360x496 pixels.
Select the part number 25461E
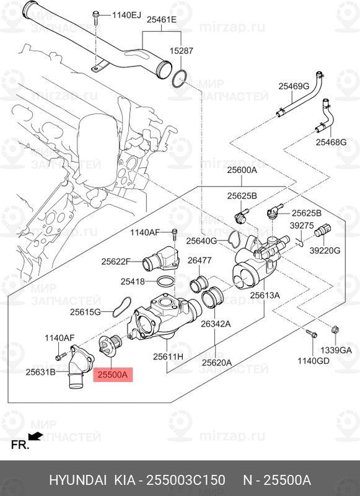tap(161, 20)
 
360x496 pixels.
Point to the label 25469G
tap(293, 86)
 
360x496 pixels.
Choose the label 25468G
tap(331, 143)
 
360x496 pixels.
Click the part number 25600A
tap(241, 170)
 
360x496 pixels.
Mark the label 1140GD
tap(312, 360)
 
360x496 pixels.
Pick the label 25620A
tap(214, 362)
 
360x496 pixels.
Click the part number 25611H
tap(168, 357)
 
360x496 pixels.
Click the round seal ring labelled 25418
tap(164, 282)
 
